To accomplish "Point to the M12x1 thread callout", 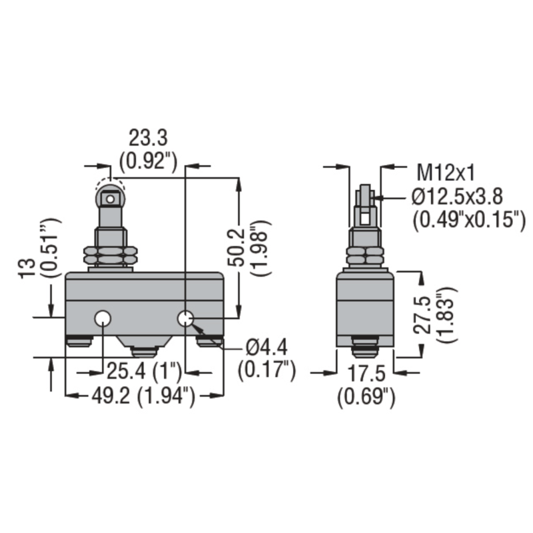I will click(x=446, y=173).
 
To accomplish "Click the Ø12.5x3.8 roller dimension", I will click(x=457, y=196).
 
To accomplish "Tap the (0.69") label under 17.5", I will click(x=366, y=397).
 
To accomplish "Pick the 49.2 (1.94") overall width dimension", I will click(x=143, y=397).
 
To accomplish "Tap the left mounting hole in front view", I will click(x=103, y=320).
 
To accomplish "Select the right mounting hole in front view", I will click(x=186, y=320).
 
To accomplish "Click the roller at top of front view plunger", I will click(x=111, y=197).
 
